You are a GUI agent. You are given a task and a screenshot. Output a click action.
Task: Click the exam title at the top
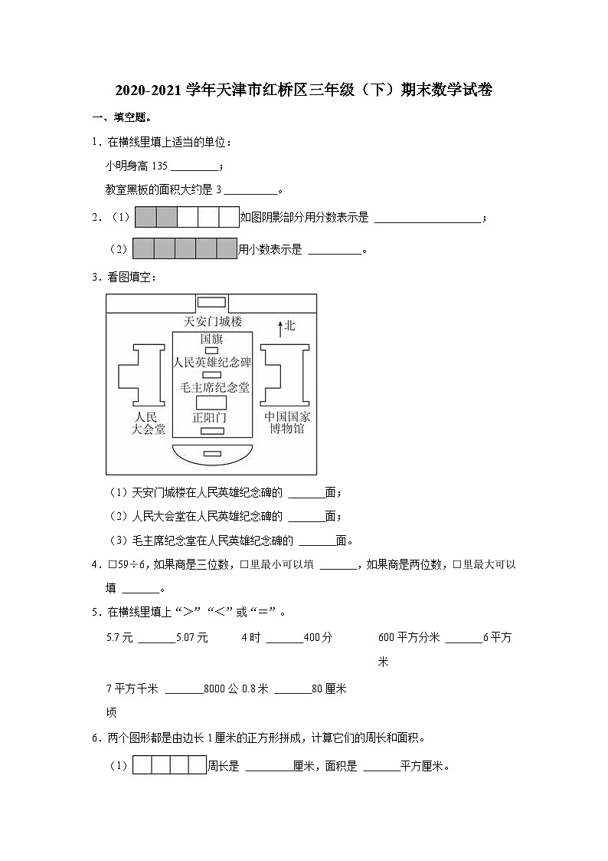click(303, 90)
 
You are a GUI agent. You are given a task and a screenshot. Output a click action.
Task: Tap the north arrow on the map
click(279, 327)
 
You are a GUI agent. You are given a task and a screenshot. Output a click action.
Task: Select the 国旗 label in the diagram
click(212, 338)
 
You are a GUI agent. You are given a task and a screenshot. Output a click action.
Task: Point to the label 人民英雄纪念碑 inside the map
click(212, 363)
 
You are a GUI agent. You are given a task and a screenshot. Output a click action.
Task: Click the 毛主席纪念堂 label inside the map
click(214, 388)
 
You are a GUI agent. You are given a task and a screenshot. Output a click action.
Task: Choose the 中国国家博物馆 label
click(287, 423)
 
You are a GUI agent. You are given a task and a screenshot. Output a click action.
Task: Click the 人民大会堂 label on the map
click(149, 423)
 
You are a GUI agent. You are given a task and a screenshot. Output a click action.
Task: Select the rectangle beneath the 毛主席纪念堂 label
click(212, 403)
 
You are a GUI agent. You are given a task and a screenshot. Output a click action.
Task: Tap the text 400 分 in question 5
click(318, 637)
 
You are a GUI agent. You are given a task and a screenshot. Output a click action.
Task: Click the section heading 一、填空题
click(121, 117)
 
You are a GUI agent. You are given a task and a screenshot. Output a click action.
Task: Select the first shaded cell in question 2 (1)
click(145, 218)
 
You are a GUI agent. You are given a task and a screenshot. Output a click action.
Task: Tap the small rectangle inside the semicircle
click(212, 454)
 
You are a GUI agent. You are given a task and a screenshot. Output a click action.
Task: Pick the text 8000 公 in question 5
click(221, 688)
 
